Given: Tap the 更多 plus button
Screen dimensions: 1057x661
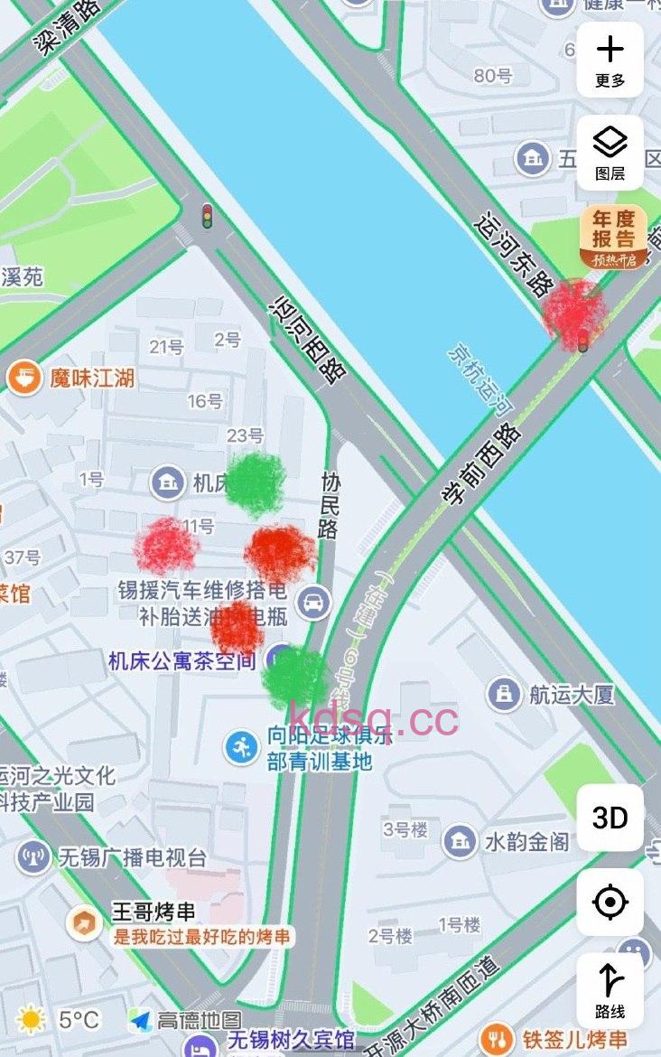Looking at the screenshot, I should point(610,59).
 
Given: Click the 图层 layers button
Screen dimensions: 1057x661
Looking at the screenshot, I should point(610,152).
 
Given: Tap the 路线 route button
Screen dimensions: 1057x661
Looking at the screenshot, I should point(610,990).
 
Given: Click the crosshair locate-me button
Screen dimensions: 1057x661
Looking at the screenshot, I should point(610,902).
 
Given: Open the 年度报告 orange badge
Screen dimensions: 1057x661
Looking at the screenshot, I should point(614,237).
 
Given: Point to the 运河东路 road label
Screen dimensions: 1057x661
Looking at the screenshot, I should point(513,256).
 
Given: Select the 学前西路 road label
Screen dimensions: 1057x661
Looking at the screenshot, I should point(482,464).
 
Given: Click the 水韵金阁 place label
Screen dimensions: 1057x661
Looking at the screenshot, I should point(526,841).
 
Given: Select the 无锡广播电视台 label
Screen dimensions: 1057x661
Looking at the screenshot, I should point(132,856).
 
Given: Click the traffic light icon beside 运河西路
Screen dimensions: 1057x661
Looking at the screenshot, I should point(207,217).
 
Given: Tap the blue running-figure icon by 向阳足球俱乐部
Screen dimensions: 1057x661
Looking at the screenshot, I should point(241,747).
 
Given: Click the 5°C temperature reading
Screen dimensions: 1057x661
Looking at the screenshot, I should point(79,1020).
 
